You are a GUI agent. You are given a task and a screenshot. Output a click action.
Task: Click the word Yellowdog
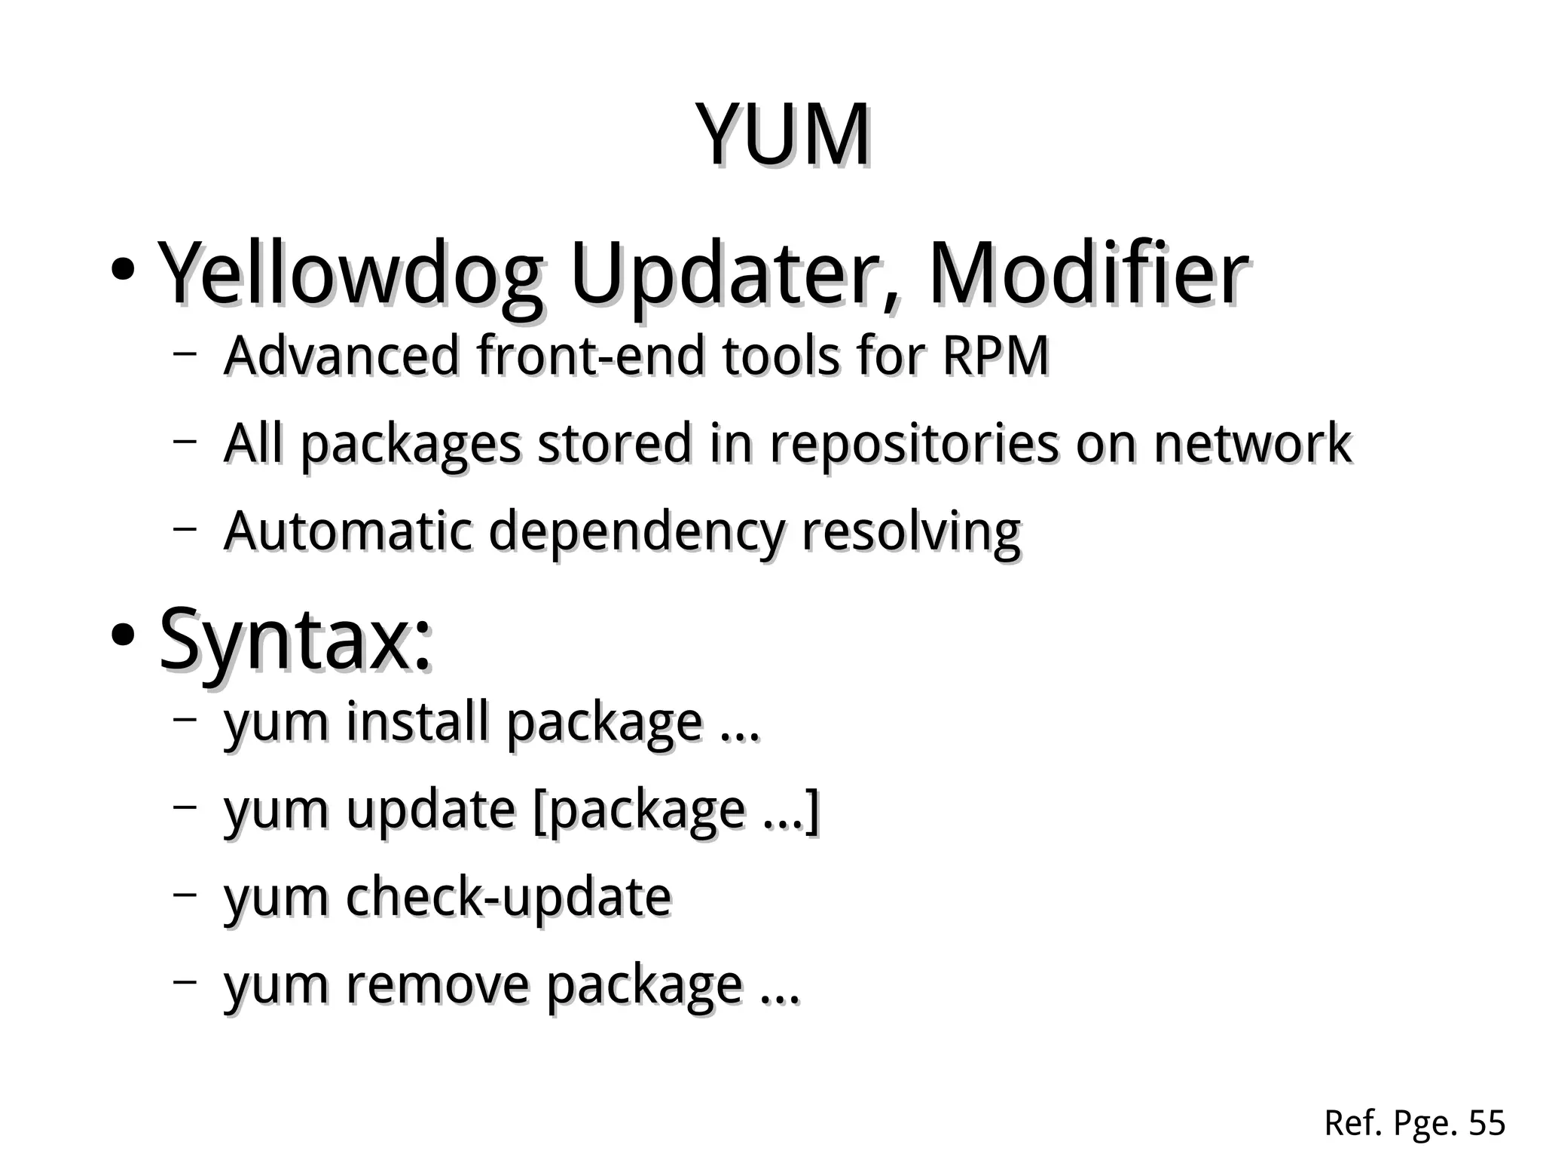click(350, 275)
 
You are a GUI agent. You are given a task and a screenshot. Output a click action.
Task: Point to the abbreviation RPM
click(995, 355)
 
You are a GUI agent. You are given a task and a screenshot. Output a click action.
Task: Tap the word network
click(1252, 443)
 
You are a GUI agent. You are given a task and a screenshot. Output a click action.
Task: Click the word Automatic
click(348, 531)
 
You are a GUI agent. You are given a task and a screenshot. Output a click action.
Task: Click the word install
click(418, 721)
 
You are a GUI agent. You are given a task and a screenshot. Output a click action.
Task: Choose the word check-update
click(509, 896)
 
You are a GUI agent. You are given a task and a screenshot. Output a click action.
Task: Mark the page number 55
click(1486, 1123)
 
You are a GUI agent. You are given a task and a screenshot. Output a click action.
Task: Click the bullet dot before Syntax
click(122, 635)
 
